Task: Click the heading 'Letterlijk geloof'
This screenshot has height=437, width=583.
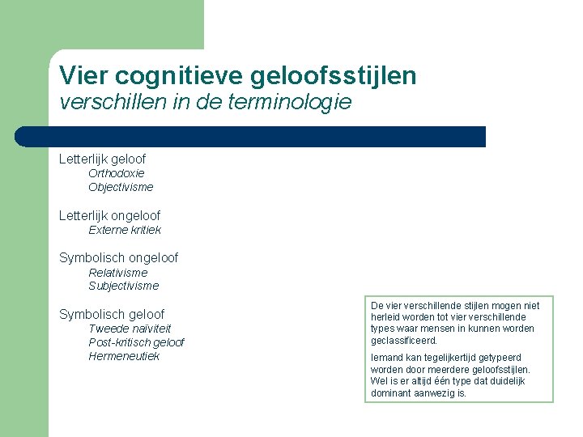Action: pyautogui.click(x=102, y=159)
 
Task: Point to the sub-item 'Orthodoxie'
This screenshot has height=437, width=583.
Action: pyautogui.click(x=117, y=173)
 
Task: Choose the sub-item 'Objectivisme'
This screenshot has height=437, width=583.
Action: pyautogui.click(x=121, y=187)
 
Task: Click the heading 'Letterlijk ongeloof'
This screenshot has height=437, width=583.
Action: pyautogui.click(x=109, y=215)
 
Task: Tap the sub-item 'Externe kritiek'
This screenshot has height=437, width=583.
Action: pyautogui.click(x=125, y=230)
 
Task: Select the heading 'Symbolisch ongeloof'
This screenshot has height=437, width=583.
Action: pyautogui.click(x=118, y=257)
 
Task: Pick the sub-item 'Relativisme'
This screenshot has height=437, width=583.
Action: pyautogui.click(x=118, y=273)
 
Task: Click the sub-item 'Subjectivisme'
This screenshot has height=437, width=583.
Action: pyautogui.click(x=124, y=286)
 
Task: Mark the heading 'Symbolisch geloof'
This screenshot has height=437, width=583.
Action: pyautogui.click(x=111, y=314)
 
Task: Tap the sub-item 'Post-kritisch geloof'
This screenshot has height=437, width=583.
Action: pyautogui.click(x=136, y=342)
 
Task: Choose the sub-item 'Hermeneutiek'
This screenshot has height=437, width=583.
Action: pyautogui.click(x=124, y=356)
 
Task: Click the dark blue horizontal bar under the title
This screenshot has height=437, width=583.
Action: pyautogui.click(x=251, y=136)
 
